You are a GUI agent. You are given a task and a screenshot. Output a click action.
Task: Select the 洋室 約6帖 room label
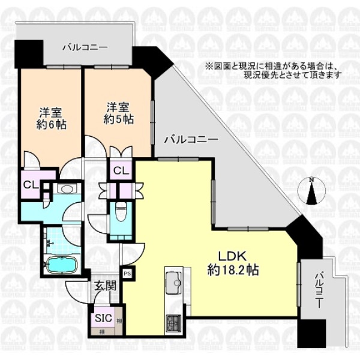tap(51, 118)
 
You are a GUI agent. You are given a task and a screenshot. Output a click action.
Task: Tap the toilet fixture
tap(119, 211)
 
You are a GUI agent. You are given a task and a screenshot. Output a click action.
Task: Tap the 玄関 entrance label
tap(104, 286)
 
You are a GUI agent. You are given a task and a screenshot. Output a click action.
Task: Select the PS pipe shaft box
tap(127, 274)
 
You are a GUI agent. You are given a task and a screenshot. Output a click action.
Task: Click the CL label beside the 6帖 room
tap(31, 184)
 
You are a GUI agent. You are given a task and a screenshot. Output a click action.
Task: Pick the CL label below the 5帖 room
tap(120, 170)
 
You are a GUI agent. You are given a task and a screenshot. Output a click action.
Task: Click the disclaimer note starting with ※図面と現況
tap(274, 71)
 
